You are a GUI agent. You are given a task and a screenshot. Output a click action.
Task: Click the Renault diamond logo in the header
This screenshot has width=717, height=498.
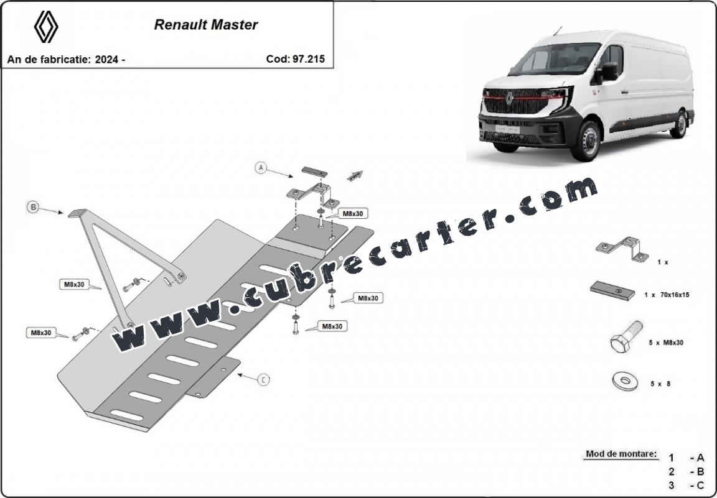click(45, 27)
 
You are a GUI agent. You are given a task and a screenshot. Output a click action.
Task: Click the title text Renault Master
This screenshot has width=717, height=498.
click(206, 25)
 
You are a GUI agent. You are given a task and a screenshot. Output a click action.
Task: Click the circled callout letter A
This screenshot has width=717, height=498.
click(261, 168)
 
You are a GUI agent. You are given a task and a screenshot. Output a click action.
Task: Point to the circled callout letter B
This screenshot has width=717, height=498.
click(33, 208)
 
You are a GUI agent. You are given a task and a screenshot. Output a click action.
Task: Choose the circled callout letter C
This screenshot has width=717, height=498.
click(263, 379)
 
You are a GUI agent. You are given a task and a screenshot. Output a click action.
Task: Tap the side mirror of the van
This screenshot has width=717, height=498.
click(609, 71)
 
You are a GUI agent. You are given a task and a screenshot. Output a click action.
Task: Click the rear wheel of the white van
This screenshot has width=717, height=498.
click(679, 124)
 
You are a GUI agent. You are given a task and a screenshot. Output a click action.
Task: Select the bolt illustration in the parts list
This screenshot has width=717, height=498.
click(627, 336)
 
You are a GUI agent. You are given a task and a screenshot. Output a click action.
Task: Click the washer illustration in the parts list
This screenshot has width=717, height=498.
click(624, 381)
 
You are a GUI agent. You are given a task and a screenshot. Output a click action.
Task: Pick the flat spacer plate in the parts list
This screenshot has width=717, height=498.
click(612, 290)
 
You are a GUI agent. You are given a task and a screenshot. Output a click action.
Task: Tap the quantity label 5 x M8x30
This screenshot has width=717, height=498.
click(666, 342)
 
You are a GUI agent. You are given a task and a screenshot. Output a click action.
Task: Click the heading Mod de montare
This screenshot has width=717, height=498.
click(621, 454)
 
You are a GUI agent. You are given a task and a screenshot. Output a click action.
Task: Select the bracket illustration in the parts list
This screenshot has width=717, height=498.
click(622, 249)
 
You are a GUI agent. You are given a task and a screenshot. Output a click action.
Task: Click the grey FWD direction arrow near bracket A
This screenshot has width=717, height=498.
click(355, 176)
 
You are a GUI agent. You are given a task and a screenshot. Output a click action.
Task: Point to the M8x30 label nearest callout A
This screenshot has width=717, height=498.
click(352, 213)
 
